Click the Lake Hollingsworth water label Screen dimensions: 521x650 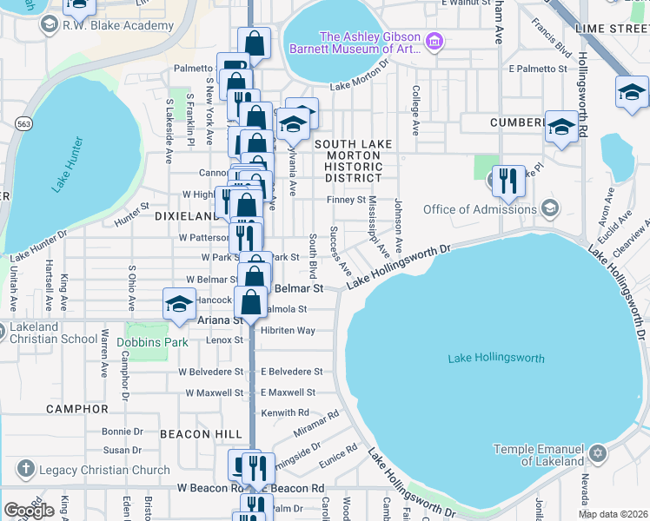[x=496, y=359]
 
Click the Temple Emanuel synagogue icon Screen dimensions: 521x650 [x=597, y=454]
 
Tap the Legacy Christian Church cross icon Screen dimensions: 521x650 [x=24, y=470]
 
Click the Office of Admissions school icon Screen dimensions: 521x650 [x=549, y=208]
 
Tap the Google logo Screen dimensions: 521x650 [x=29, y=510]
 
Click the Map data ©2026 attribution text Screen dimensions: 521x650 [x=613, y=514]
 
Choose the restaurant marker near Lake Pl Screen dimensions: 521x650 [x=508, y=180]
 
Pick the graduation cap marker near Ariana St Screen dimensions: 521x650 [x=179, y=306]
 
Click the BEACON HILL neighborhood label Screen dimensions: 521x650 [x=196, y=433]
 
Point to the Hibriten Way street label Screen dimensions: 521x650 [x=288, y=331]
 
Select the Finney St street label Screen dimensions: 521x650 [x=346, y=200]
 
